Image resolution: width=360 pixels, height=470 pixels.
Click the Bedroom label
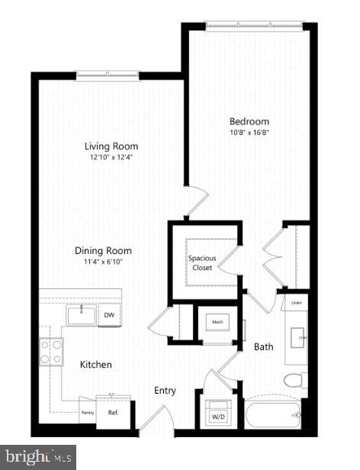pos(249,121)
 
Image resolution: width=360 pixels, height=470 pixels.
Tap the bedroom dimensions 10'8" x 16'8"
pos(249,134)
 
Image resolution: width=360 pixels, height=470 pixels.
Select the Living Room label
pos(111,146)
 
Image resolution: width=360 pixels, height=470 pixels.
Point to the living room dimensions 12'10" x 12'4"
pos(111,158)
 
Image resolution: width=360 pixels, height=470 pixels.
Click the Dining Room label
pos(103,250)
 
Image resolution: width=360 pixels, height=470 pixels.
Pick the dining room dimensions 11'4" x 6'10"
pos(103,262)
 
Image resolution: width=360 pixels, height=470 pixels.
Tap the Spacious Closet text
pos(202,262)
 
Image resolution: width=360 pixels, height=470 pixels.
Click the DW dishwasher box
pos(109,315)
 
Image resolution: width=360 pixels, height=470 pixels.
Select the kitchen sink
pos(81,315)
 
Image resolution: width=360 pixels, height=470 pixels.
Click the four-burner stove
pos(52,352)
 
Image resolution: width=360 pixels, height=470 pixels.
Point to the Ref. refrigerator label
pos(113,413)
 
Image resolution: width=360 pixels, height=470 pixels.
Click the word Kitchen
pos(96,365)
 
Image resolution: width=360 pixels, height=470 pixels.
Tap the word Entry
pos(165,391)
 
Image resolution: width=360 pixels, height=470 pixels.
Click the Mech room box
pos(217,324)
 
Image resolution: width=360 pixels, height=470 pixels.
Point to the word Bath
pos(264,347)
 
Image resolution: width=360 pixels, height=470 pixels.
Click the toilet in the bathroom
pos(294,380)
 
